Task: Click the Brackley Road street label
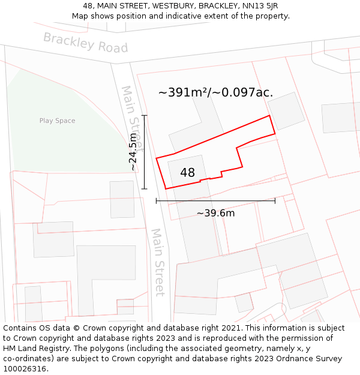(x=86, y=43)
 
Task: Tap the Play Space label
(x=58, y=121)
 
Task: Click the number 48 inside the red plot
(x=188, y=173)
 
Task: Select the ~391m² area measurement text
(x=184, y=92)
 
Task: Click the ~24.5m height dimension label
(x=133, y=152)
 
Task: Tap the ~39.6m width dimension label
(x=215, y=213)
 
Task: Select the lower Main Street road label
(x=158, y=262)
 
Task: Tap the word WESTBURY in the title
(x=174, y=6)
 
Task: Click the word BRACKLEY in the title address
(x=217, y=6)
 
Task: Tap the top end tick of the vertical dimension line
(x=144, y=115)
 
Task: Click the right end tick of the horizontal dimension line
(x=275, y=200)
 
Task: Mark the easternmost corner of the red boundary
(x=275, y=133)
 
